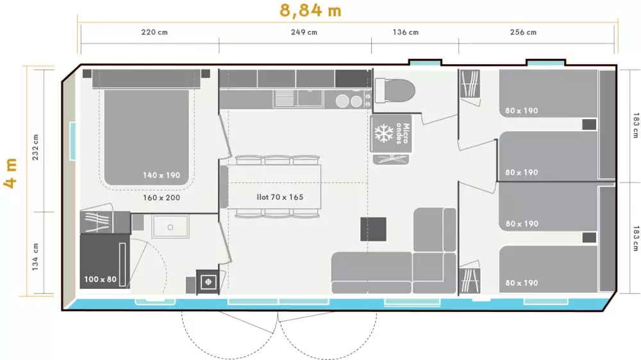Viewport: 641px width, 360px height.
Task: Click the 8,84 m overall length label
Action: pyautogui.click(x=310, y=11)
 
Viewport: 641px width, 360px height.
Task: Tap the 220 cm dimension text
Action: pyautogui.click(x=154, y=32)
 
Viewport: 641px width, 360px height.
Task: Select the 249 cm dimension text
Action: pyautogui.click(x=304, y=32)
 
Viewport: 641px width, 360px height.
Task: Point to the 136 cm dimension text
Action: pyautogui.click(x=406, y=32)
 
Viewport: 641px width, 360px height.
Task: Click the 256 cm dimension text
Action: pyautogui.click(x=523, y=32)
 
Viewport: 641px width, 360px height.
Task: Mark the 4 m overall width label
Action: pyautogui.click(x=11, y=173)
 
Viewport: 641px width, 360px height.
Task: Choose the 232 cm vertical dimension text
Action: pyautogui.click(x=35, y=147)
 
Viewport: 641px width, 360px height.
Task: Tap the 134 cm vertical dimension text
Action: pyautogui.click(x=35, y=257)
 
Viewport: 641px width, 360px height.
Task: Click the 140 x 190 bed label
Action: pyautogui.click(x=162, y=176)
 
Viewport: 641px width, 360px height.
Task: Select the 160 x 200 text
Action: pyautogui.click(x=162, y=198)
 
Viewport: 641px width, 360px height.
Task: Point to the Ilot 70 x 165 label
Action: pyautogui.click(x=280, y=197)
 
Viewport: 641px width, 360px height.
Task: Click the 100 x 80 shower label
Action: pyautogui.click(x=100, y=279)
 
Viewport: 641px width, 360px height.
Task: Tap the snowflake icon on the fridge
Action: pyautogui.click(x=384, y=134)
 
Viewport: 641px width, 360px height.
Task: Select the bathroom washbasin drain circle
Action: pyautogui.click(x=171, y=227)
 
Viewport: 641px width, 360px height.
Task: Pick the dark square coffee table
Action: pyautogui.click(x=373, y=229)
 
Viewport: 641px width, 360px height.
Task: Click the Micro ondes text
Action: pyautogui.click(x=403, y=134)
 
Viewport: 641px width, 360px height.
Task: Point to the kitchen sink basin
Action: pyautogui.click(x=310, y=99)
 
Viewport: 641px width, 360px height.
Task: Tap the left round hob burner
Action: pyautogui.click(x=342, y=101)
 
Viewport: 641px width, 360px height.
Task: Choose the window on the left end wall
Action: pyautogui.click(x=73, y=141)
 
